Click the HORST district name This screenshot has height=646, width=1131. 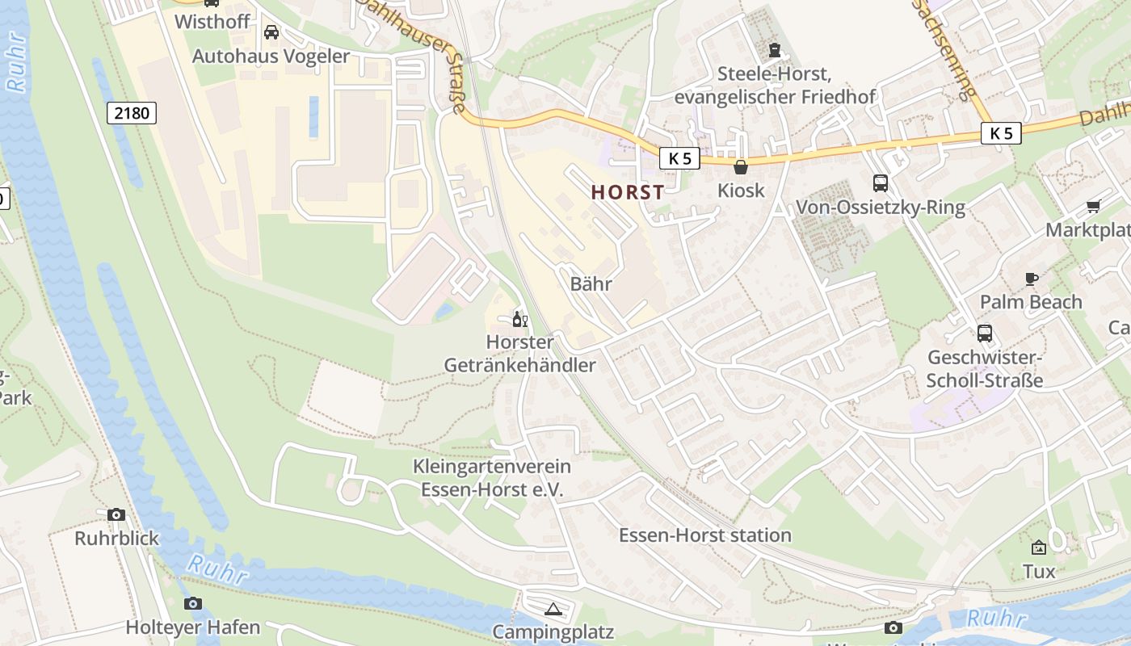click(628, 192)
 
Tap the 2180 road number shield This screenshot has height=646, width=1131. click(132, 113)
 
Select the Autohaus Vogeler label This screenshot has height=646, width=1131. click(271, 57)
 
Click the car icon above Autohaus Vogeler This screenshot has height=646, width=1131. click(271, 32)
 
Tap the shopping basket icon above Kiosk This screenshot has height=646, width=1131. click(740, 167)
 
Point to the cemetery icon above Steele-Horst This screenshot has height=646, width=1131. click(775, 51)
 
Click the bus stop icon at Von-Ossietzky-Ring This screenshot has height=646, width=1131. click(880, 183)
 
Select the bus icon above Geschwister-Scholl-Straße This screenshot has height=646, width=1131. click(984, 333)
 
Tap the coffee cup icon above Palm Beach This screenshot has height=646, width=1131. click(1031, 279)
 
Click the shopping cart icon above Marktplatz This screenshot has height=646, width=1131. click(1094, 206)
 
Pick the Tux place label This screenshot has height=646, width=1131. click(1039, 572)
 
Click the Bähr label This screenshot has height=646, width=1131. click(591, 284)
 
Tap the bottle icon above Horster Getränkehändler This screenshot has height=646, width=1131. click(519, 320)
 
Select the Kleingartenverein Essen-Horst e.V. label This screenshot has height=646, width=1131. click(491, 478)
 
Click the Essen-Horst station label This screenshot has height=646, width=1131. click(704, 535)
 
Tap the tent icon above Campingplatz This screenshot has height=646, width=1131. click(553, 609)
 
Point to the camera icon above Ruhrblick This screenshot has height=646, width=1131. click(116, 514)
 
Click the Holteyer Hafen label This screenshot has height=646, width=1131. click(192, 627)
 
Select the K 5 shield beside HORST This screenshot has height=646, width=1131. click(679, 158)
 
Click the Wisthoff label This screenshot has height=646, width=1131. click(212, 21)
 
